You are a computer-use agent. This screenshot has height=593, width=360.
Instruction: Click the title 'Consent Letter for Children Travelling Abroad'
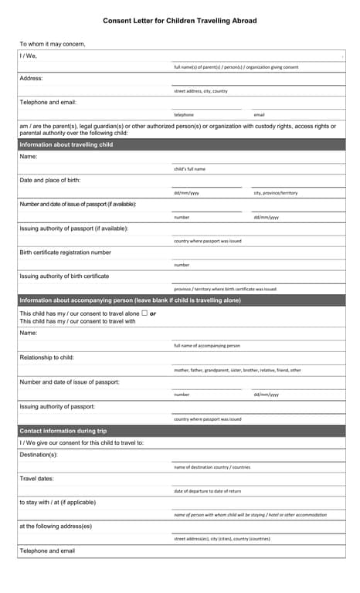[x=180, y=21]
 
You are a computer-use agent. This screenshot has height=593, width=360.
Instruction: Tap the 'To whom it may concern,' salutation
[x=53, y=44]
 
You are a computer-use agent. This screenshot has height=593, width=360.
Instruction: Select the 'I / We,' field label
[x=28, y=56]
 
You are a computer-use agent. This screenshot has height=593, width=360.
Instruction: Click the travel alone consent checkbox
[x=144, y=313]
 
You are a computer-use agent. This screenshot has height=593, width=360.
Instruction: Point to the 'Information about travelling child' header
[x=66, y=144]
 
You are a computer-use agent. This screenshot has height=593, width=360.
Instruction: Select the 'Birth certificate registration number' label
[x=65, y=252]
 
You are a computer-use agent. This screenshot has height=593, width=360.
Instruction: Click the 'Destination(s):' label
[x=39, y=455]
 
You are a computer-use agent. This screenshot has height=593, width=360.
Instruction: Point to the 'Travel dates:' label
[x=36, y=479]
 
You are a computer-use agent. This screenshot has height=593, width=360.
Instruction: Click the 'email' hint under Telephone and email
[x=259, y=115]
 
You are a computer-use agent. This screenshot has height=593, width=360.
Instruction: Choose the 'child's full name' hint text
[x=190, y=168]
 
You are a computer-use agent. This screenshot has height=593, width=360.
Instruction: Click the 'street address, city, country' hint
[x=201, y=91]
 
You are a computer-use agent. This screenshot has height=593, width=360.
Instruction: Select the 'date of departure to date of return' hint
[x=208, y=491]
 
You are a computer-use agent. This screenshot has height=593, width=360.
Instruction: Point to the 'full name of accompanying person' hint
[x=207, y=346]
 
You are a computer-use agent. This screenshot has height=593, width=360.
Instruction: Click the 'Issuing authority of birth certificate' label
[x=64, y=276]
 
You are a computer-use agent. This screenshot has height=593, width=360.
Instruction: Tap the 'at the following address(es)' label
[x=56, y=527]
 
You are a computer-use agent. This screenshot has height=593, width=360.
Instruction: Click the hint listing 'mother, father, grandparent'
[x=237, y=370]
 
